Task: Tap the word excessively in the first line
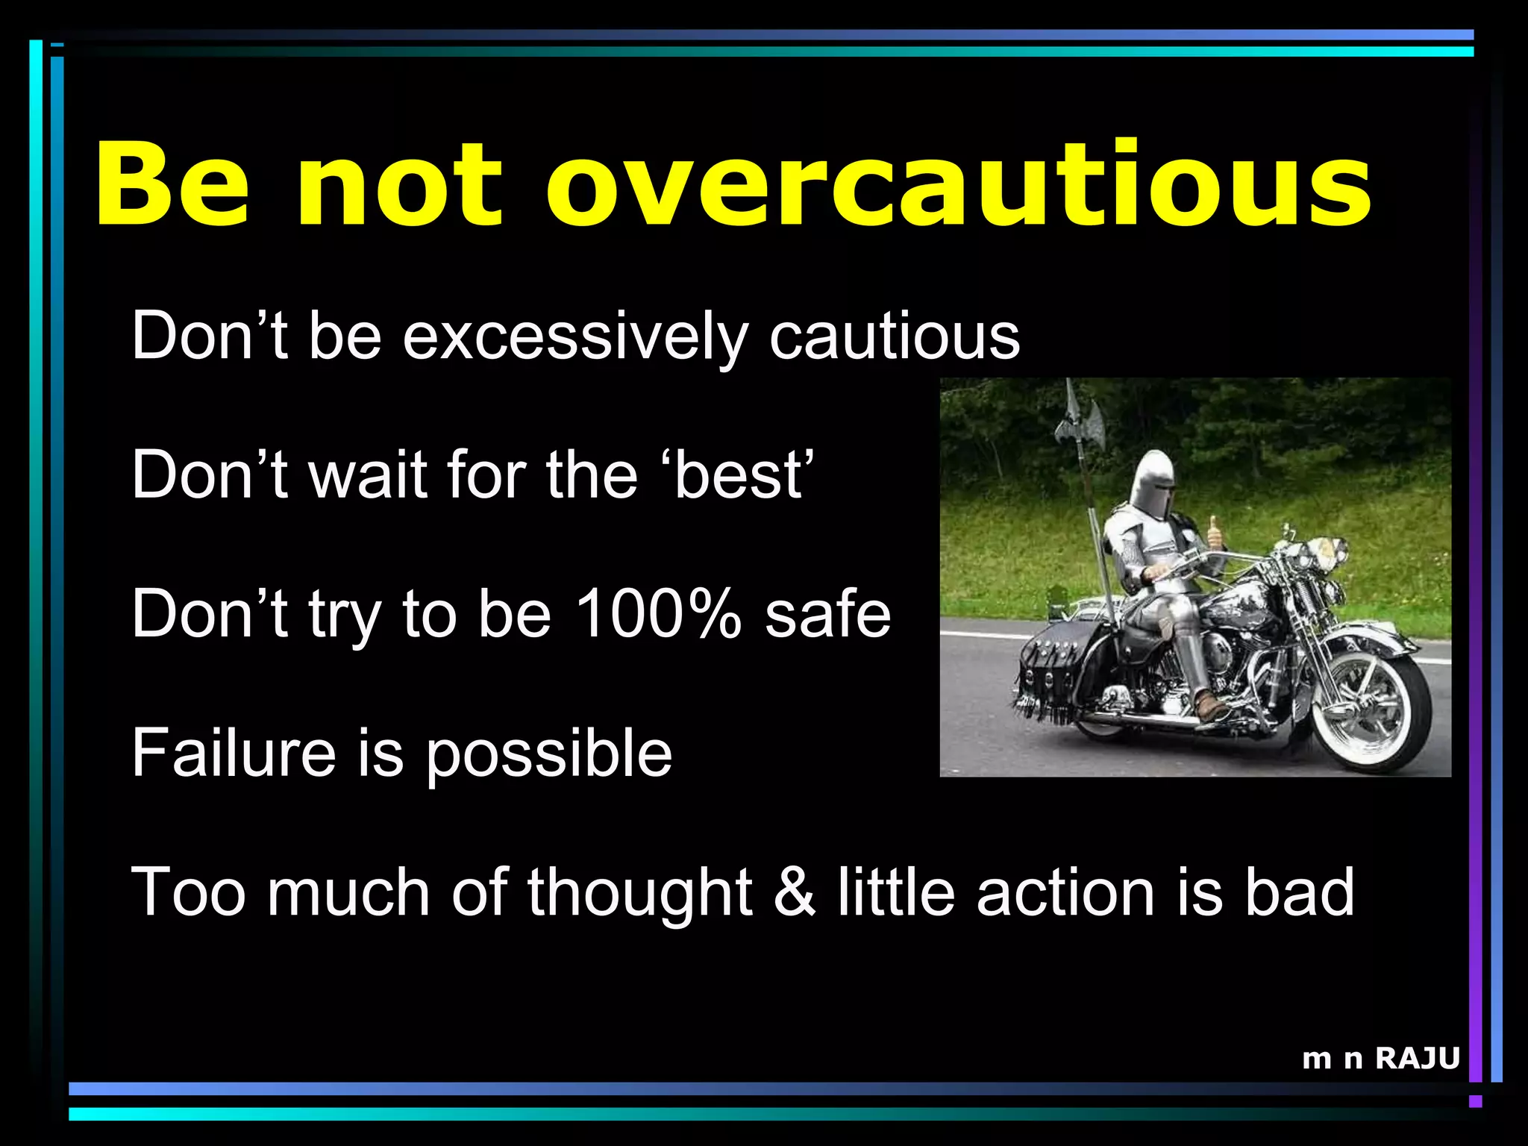[x=574, y=337]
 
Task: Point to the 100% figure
[x=659, y=613]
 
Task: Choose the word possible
[x=548, y=754]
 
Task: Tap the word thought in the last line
[x=640, y=892]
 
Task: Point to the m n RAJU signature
[x=1380, y=1058]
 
